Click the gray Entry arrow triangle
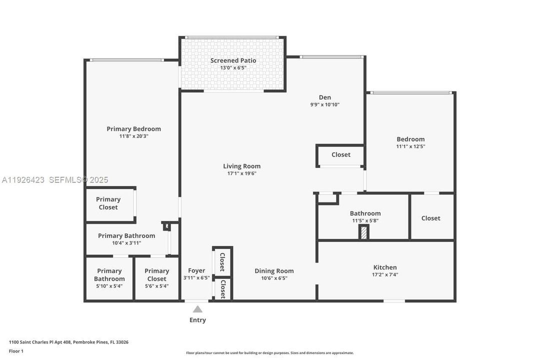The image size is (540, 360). (x=198, y=309)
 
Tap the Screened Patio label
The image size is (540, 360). (x=233, y=60)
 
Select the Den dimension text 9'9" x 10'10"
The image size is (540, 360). (x=325, y=105)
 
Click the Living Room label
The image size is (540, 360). (x=241, y=166)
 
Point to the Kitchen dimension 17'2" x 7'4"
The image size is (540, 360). (x=385, y=274)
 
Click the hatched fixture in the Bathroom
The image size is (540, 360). (x=364, y=232)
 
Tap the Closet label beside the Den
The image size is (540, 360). (x=341, y=154)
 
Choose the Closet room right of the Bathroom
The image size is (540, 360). (x=431, y=218)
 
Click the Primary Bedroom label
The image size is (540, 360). (x=133, y=128)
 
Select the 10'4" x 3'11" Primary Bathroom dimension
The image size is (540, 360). (x=126, y=243)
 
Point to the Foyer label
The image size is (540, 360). (x=196, y=270)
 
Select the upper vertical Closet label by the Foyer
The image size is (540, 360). (x=222, y=261)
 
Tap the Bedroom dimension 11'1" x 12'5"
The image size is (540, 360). (x=410, y=146)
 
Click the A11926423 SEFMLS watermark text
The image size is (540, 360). (x=55, y=180)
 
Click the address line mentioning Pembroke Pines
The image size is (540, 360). (x=68, y=342)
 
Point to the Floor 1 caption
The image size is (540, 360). (x=16, y=351)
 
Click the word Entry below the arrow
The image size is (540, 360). (x=197, y=320)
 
